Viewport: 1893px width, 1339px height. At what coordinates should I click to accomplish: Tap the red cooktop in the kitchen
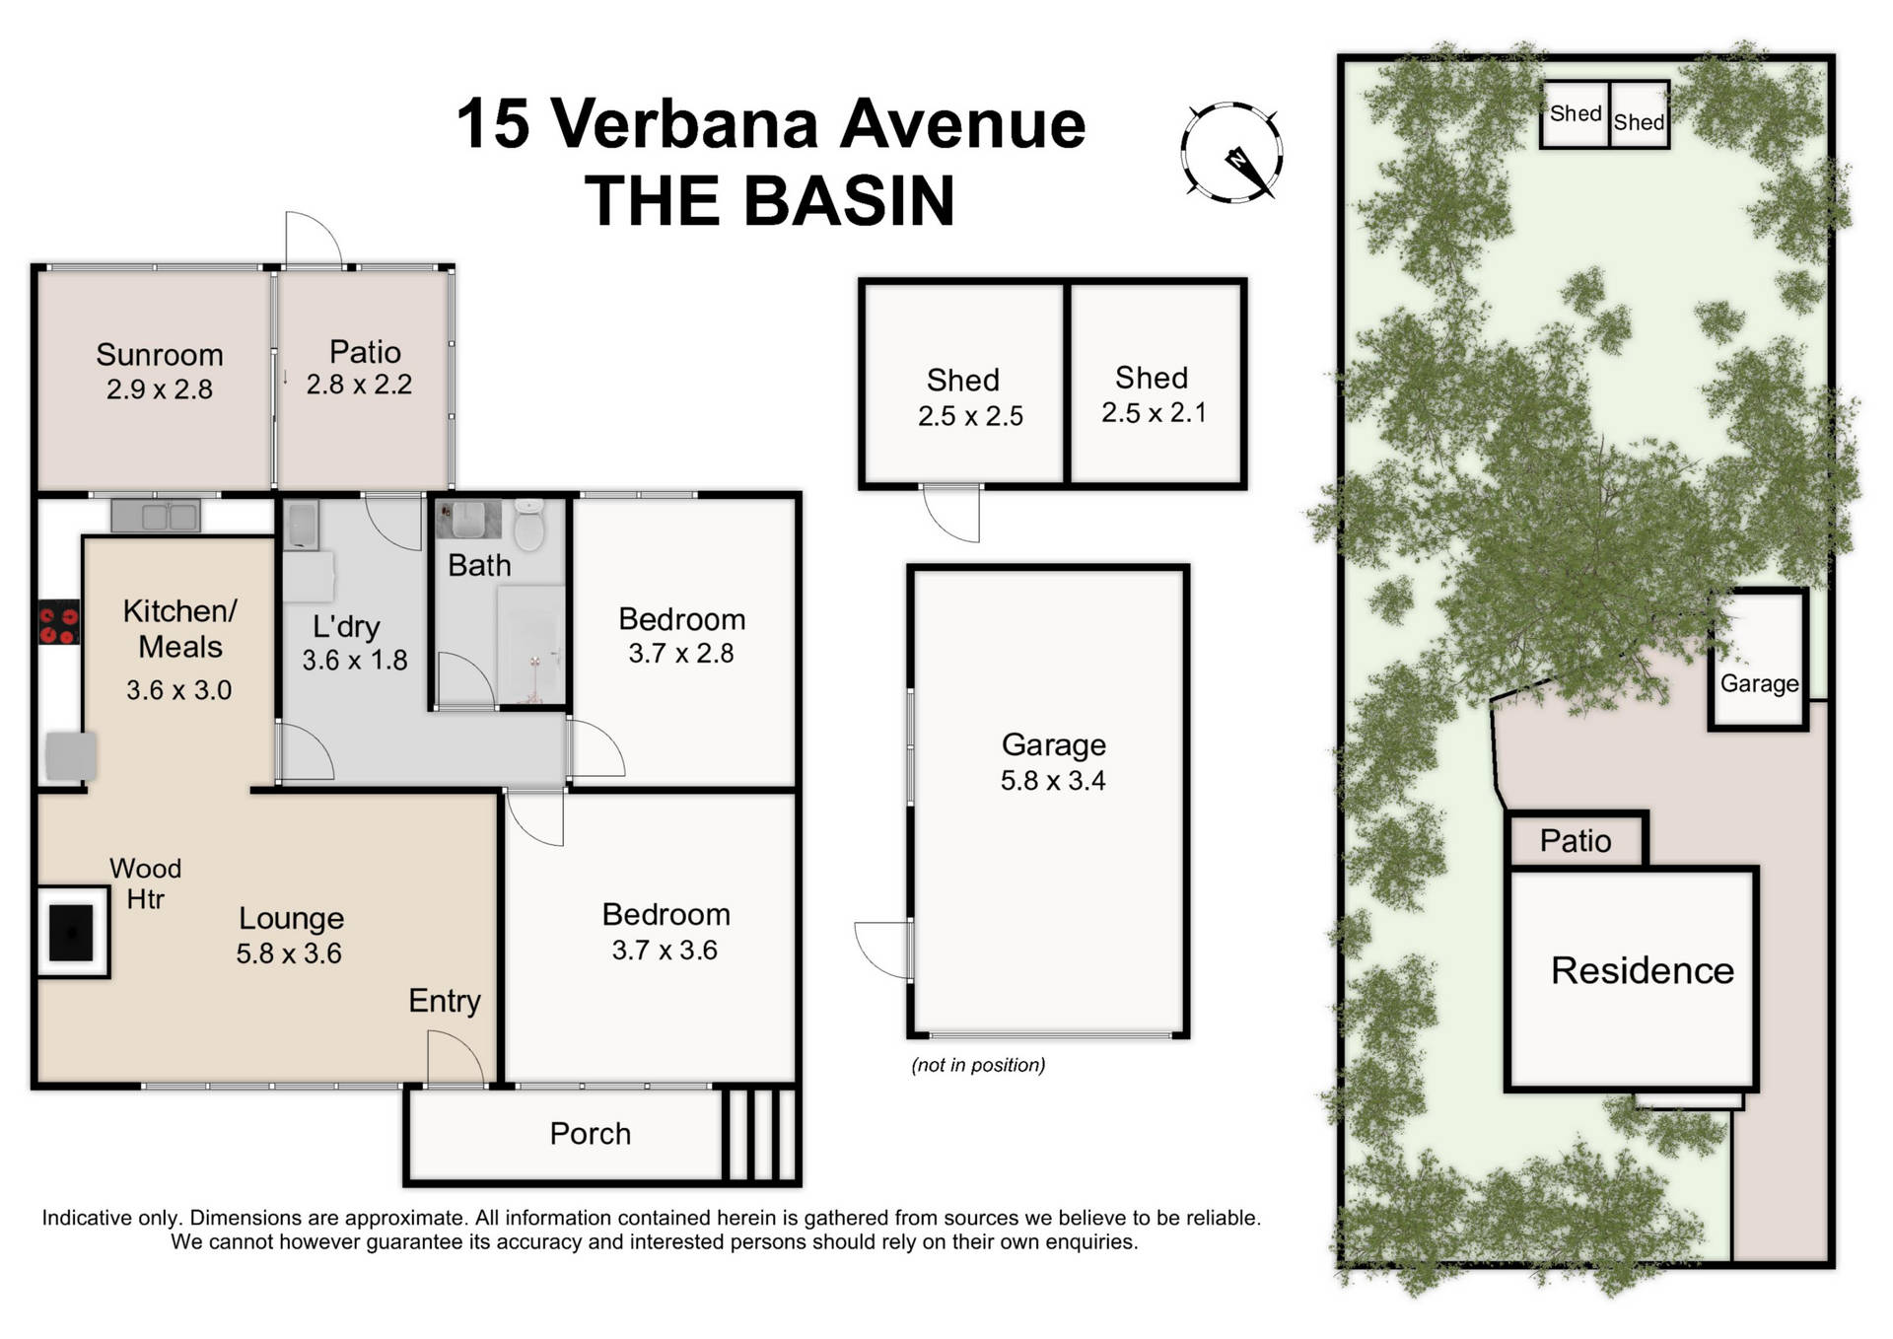[x=59, y=622]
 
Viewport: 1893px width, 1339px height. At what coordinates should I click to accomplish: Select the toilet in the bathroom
[x=529, y=525]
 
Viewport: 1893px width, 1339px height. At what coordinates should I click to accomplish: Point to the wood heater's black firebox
[x=72, y=932]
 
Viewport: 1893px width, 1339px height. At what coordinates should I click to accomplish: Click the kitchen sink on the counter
[x=156, y=516]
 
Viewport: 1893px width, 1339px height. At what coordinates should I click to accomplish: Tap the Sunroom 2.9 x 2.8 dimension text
[x=160, y=389]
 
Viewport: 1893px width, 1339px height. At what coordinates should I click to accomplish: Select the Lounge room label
[x=291, y=918]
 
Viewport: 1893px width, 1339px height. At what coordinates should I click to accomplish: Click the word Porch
[x=590, y=1134]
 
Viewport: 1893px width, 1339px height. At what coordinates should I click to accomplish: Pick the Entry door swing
[x=455, y=1059]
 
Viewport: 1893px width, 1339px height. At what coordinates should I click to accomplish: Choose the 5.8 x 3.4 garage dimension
[x=1053, y=781]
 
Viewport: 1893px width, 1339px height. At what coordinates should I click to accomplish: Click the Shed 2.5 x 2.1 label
[x=1153, y=394]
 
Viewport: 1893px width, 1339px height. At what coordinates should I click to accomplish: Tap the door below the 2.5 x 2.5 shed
[x=952, y=513]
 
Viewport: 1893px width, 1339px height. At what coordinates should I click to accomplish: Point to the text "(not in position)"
[x=978, y=1065]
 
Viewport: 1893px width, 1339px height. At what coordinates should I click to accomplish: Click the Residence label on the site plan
[x=1642, y=971]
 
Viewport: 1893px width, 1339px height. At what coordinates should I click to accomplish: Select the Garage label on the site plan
[x=1759, y=683]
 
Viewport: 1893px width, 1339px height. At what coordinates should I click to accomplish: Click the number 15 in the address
[x=493, y=124]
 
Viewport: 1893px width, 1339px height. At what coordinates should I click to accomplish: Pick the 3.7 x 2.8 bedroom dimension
[x=681, y=654]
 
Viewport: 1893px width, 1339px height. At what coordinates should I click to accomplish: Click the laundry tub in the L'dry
[x=301, y=526]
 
